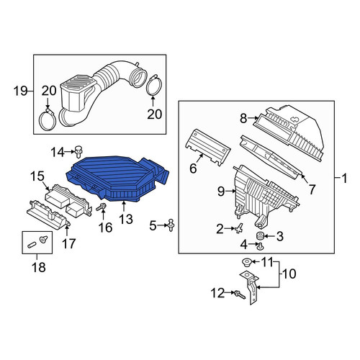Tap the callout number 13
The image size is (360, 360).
click(x=126, y=219)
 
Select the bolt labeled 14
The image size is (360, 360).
click(x=78, y=152)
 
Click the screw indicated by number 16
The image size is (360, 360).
click(x=102, y=207)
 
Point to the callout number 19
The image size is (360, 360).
click(x=20, y=91)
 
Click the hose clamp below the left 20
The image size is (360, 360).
click(x=48, y=120)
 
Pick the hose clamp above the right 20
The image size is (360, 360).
click(x=153, y=85)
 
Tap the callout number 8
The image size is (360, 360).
click(x=243, y=118)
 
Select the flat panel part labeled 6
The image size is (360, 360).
click(x=208, y=147)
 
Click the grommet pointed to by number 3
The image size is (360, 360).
click(x=259, y=236)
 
